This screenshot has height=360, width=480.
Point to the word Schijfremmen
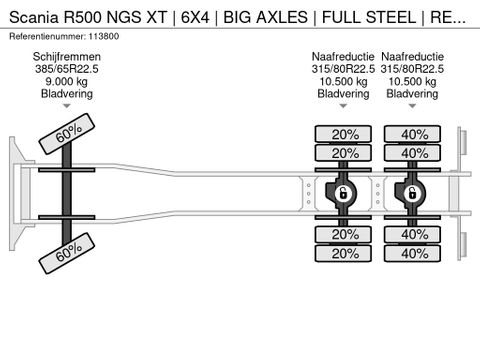click(x=66, y=58)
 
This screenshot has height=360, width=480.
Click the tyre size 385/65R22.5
click(x=66, y=72)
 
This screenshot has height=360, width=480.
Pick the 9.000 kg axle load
click(x=66, y=85)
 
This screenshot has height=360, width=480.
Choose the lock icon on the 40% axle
click(x=410, y=192)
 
